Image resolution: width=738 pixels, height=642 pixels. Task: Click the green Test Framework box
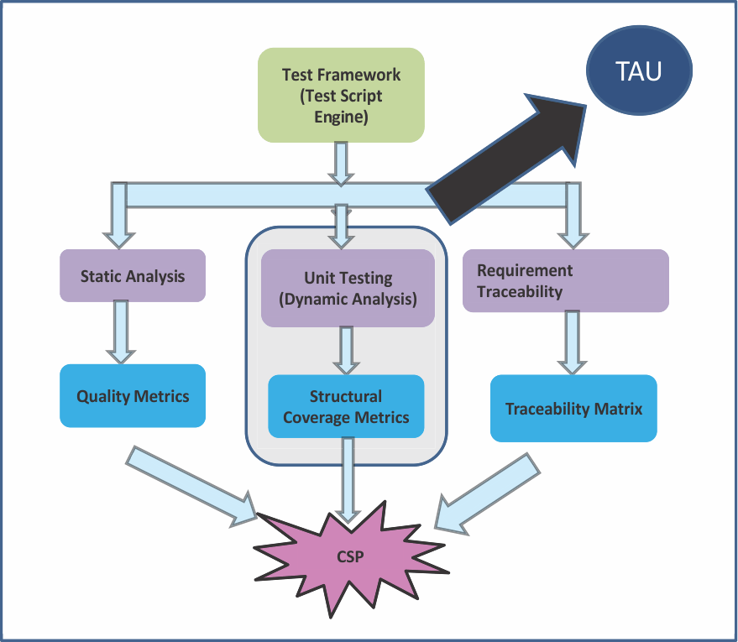(x=341, y=95)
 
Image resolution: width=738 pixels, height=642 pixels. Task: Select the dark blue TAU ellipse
(x=639, y=70)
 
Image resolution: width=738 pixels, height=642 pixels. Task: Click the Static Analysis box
(x=133, y=275)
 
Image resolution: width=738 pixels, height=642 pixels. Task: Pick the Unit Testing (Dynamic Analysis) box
(x=348, y=287)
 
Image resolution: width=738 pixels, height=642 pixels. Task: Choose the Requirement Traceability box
(x=566, y=281)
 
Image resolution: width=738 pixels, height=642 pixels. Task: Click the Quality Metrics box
(x=133, y=396)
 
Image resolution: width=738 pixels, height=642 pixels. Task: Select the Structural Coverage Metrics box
(x=346, y=406)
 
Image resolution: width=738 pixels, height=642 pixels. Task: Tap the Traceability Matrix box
(x=573, y=409)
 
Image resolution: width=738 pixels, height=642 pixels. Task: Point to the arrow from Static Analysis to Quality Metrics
(x=121, y=331)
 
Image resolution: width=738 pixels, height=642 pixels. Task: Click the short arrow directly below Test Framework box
(x=340, y=163)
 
